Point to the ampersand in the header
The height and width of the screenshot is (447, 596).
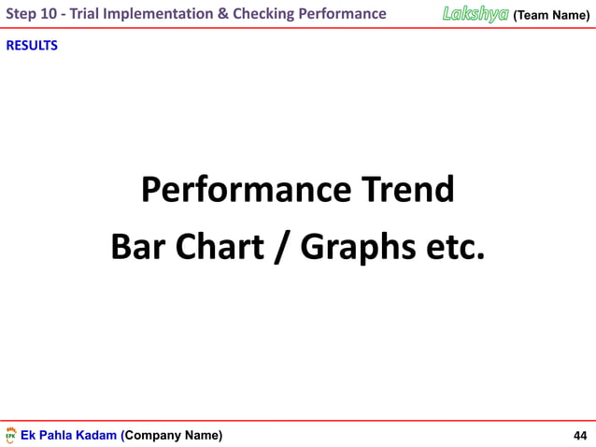pos(224,13)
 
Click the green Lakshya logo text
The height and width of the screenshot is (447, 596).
pos(475,13)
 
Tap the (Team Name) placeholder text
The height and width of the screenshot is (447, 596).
pos(551,14)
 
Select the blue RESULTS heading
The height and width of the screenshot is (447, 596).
pos(32,46)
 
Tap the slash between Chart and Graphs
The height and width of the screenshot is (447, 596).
pos(279,247)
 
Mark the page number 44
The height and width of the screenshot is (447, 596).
pos(580,436)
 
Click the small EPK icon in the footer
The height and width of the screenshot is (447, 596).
pos(11,436)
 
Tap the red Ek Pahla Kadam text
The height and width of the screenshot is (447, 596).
pos(70,436)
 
